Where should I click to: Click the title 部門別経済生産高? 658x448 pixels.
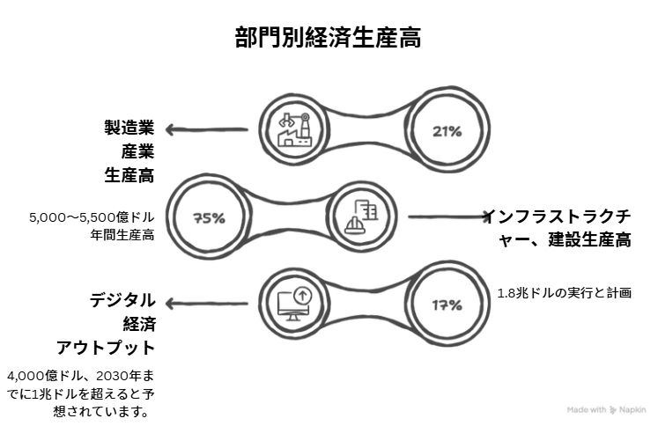(x=328, y=38)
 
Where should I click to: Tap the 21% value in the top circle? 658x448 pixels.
(x=447, y=132)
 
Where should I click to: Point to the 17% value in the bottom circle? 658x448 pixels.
(x=447, y=305)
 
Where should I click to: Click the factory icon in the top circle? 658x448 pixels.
(x=295, y=130)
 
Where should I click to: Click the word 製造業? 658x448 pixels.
(x=129, y=128)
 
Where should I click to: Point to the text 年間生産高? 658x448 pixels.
(x=126, y=234)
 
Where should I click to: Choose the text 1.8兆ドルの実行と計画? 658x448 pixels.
(x=564, y=293)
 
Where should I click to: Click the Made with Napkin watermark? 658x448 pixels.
(x=607, y=409)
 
